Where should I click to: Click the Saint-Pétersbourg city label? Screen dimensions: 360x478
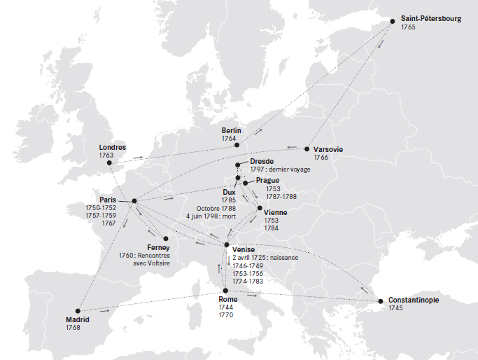(x=430, y=19)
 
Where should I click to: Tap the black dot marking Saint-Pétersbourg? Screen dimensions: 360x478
(x=393, y=21)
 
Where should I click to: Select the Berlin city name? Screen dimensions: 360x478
(x=231, y=130)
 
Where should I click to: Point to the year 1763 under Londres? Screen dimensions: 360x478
(x=106, y=155)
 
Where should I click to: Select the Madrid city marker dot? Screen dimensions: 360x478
(x=78, y=311)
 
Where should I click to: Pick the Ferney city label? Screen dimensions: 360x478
(x=159, y=247)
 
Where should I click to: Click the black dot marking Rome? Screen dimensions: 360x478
(x=225, y=290)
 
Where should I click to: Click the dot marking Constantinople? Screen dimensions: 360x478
(x=381, y=301)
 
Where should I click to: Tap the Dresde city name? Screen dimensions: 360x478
(x=261, y=161)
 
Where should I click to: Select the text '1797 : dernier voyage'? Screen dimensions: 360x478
(x=279, y=170)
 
